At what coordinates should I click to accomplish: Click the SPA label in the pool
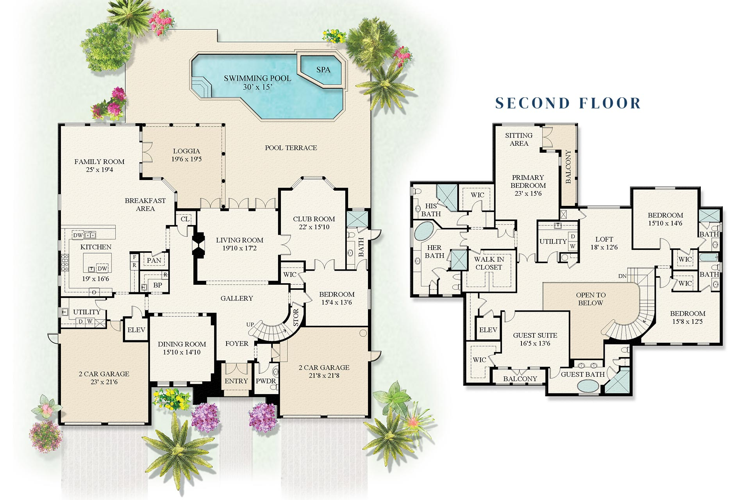[x=323, y=70]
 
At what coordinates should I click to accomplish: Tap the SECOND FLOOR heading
[x=568, y=103]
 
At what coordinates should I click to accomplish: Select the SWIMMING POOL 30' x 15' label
[x=257, y=82]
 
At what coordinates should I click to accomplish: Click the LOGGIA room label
[x=186, y=155]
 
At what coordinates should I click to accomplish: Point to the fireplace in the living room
[x=198, y=245]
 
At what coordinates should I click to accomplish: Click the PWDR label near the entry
[x=266, y=381]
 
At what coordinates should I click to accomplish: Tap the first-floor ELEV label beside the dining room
[x=136, y=330]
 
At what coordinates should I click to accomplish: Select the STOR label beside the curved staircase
[x=296, y=317]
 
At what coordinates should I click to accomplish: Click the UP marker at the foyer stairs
[x=250, y=325]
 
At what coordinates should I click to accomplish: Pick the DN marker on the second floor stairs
[x=622, y=276]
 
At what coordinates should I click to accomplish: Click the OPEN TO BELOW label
[x=591, y=299]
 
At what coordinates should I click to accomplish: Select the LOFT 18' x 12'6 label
[x=604, y=243]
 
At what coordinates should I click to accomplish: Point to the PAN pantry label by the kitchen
[x=154, y=261]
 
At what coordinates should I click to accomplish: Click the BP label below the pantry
[x=157, y=285]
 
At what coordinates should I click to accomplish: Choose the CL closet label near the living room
[x=185, y=219]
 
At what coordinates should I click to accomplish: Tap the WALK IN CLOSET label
[x=489, y=263]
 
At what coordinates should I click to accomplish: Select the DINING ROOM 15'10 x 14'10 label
[x=182, y=348]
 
